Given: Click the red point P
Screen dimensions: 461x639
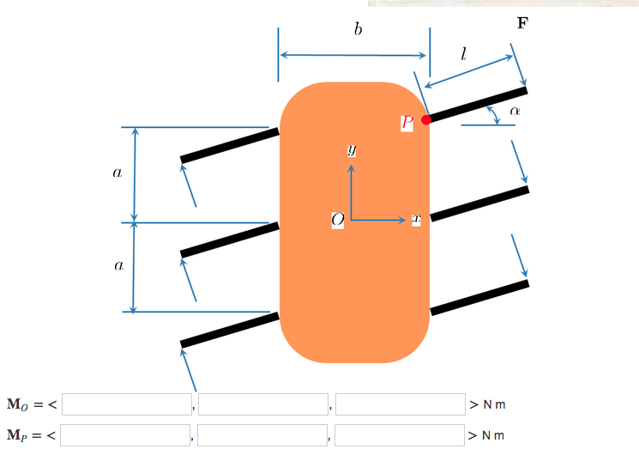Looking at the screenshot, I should click(x=426, y=119).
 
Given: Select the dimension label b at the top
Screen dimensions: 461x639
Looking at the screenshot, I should click(x=358, y=30).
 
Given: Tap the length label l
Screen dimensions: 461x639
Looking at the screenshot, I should click(x=463, y=54).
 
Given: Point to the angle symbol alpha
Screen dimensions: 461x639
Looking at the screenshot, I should click(x=515, y=111).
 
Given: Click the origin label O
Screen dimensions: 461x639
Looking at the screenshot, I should click(x=338, y=221).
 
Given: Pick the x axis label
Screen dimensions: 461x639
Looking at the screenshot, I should click(x=416, y=221).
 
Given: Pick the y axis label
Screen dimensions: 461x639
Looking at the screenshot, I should click(x=351, y=150).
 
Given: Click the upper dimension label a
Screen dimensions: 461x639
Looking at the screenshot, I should click(x=118, y=173).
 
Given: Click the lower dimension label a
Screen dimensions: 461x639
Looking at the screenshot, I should click(x=118, y=267).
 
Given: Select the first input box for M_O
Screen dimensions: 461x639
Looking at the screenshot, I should click(x=126, y=404).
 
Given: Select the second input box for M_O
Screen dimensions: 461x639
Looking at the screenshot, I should click(x=263, y=404).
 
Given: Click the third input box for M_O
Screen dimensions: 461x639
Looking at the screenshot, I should click(x=401, y=404).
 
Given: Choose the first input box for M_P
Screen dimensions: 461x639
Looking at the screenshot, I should click(x=125, y=435).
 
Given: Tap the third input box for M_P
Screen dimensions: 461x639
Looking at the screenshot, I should click(x=400, y=435).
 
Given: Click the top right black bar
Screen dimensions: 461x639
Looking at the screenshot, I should click(x=478, y=104).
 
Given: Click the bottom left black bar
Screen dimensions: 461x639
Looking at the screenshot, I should click(x=230, y=330).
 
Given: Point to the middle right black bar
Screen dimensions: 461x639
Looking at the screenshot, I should click(x=479, y=203).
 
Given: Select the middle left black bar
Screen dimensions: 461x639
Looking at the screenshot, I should click(x=230, y=240).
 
